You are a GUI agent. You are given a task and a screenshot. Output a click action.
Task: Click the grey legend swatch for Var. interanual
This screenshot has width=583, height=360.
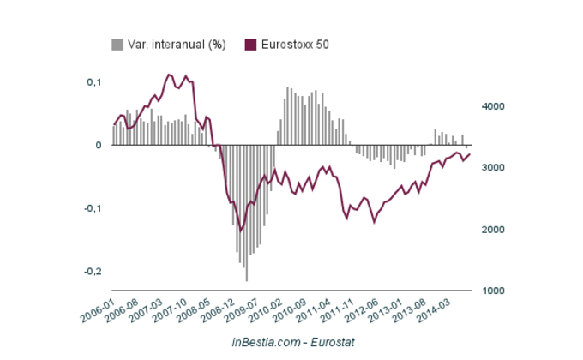coord(117,45)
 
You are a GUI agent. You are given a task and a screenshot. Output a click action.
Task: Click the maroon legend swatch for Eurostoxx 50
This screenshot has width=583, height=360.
coord(251,45)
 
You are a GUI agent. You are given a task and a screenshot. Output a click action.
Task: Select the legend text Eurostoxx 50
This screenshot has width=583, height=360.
coord(294,45)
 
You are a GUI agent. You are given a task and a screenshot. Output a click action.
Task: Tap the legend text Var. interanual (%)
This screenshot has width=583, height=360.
coord(177,45)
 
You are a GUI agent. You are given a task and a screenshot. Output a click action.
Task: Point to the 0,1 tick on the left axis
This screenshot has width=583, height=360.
coord(93,82)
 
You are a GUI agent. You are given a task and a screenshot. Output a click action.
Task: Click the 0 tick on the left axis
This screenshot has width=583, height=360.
coord(99,145)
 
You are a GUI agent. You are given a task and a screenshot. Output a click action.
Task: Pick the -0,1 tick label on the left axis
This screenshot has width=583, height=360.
coord(92,208)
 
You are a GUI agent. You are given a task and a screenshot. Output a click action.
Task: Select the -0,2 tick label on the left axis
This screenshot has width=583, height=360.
coord(92,271)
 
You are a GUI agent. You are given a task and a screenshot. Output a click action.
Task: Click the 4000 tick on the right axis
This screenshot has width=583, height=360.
coord(492,106)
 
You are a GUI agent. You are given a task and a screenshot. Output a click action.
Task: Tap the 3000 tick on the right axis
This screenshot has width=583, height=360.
coord(492,168)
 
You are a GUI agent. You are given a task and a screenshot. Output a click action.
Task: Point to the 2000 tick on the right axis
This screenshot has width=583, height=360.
coord(492,230)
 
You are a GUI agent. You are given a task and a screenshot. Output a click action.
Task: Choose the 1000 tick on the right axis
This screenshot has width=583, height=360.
coord(492,291)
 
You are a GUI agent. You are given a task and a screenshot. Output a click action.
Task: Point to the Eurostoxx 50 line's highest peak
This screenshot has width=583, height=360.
coord(169,75)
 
